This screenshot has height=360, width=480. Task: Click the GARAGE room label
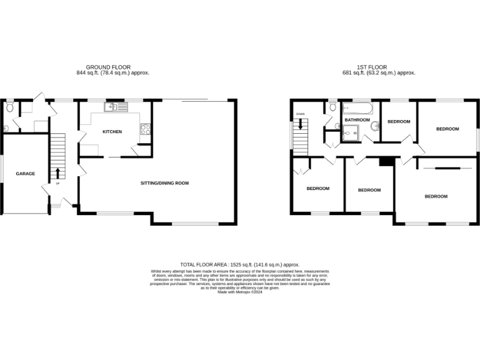point(26,174)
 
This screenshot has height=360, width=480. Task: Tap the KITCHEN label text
point(112,132)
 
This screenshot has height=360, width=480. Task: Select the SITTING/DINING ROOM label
point(164,183)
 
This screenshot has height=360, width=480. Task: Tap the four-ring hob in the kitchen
point(146,129)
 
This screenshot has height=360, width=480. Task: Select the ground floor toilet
point(9,107)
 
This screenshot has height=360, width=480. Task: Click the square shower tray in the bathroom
point(352,132)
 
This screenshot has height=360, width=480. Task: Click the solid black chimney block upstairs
point(387,161)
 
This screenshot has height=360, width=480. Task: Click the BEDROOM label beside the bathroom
point(399,121)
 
